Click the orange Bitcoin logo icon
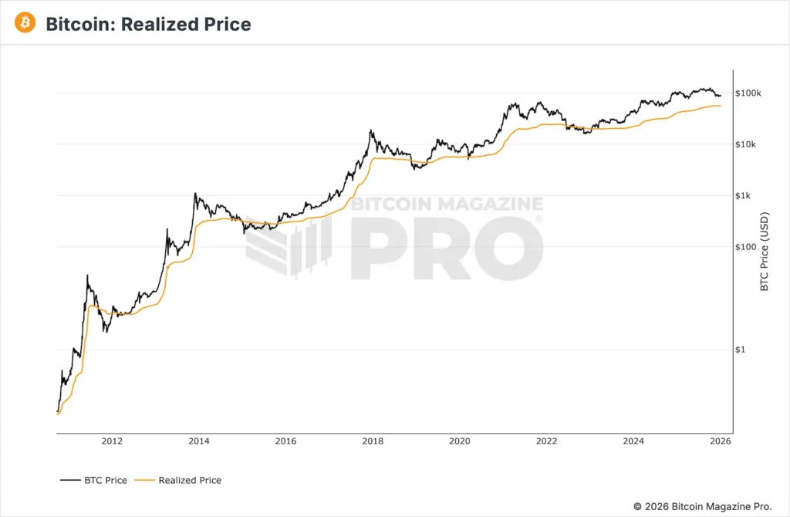coord(25,24)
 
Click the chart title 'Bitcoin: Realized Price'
coord(148,24)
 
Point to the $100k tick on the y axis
coord(748,93)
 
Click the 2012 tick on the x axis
coord(112,441)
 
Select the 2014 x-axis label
coord(199,441)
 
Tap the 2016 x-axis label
coord(285,441)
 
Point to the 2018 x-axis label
coord(373,441)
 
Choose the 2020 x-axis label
coord(459,441)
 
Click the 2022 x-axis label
coord(546,441)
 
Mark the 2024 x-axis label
coord(633,441)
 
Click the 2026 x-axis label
coord(720,441)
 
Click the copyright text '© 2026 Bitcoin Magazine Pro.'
coord(702,506)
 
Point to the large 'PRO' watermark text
coord(447,248)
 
